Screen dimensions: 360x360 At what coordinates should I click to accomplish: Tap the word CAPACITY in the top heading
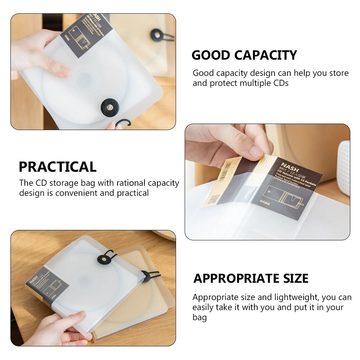(x=266, y=55)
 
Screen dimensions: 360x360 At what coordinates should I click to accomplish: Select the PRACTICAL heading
(x=57, y=167)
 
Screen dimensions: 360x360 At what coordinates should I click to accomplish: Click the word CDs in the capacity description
(x=281, y=83)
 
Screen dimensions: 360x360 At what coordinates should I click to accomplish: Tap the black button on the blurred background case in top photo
(x=157, y=35)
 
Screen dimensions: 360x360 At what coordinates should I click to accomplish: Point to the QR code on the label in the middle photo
(x=213, y=199)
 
